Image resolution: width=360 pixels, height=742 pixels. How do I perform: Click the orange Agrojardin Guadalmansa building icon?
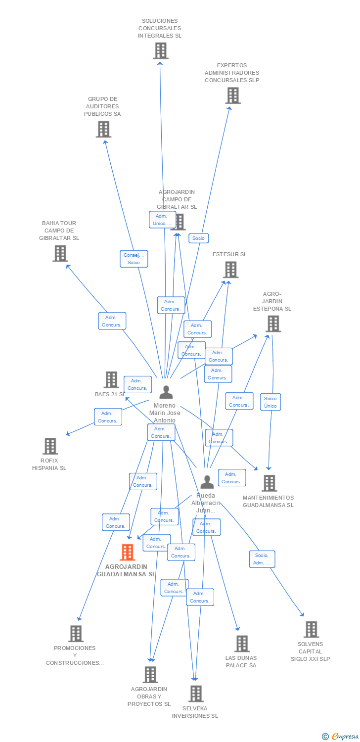[x=128, y=552]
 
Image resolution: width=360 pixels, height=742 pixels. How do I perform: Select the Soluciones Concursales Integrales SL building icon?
[x=160, y=50]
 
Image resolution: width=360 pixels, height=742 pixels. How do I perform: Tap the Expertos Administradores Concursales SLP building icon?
[x=233, y=95]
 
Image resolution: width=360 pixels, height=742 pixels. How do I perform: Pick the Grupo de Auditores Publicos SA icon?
[x=103, y=129]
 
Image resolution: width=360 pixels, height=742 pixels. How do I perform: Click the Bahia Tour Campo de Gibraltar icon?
[x=60, y=253]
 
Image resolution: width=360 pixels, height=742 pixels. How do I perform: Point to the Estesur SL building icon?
[x=230, y=270]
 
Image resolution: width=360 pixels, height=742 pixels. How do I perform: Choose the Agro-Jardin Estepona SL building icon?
[x=273, y=324]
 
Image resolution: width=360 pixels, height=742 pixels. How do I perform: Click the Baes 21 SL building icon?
[x=111, y=379]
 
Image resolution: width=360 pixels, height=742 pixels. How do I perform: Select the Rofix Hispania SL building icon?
[x=50, y=446]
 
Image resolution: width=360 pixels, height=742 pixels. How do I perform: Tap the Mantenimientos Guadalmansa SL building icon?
[x=269, y=483]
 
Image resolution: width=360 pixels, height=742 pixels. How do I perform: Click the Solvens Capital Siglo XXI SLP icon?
[x=311, y=629]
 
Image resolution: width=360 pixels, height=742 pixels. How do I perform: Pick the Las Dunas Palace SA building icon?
[x=242, y=644]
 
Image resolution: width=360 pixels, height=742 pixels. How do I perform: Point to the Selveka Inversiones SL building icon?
[x=196, y=694]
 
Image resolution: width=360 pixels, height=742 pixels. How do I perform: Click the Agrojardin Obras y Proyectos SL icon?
[x=150, y=674]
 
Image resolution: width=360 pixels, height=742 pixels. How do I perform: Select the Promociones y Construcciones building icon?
[x=76, y=633]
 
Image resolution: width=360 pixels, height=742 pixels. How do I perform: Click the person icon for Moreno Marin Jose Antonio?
[x=166, y=392]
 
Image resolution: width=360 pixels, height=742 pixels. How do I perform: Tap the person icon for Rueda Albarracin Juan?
[x=207, y=481]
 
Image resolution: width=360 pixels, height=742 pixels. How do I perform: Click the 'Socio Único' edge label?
[x=270, y=402]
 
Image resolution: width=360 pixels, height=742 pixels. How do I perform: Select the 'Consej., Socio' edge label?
[x=134, y=259]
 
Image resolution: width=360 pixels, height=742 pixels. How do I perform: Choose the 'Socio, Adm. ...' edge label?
[x=262, y=559]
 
